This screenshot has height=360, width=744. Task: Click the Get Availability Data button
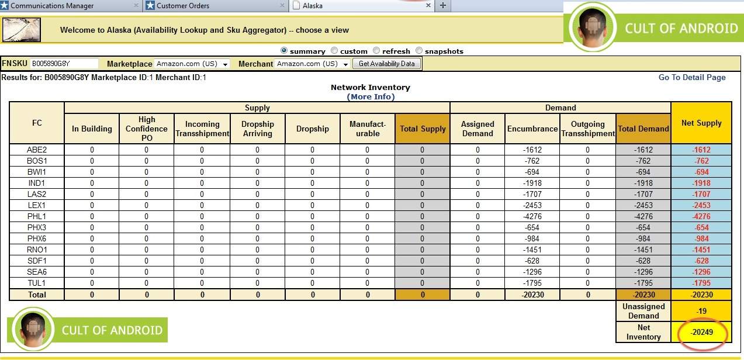tap(386, 64)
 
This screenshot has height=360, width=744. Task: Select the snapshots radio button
tap(419, 51)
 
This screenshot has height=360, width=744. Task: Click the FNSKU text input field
tap(64, 64)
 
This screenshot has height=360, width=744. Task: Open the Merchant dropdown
tap(312, 64)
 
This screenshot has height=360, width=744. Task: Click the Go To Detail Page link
tap(692, 77)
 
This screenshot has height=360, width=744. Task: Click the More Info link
tap(371, 96)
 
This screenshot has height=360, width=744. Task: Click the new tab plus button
tap(442, 6)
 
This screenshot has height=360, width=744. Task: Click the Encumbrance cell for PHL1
tap(532, 216)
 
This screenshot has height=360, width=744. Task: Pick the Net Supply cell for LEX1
tap(701, 205)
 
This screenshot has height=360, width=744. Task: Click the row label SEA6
tap(36, 272)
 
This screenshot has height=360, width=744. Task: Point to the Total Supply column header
tap(422, 129)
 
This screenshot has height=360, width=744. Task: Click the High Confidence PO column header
tap(147, 129)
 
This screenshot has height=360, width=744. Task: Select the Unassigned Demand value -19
tap(701, 311)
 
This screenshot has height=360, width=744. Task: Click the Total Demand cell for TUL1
tap(643, 283)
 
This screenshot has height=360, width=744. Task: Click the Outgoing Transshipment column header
tap(587, 129)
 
